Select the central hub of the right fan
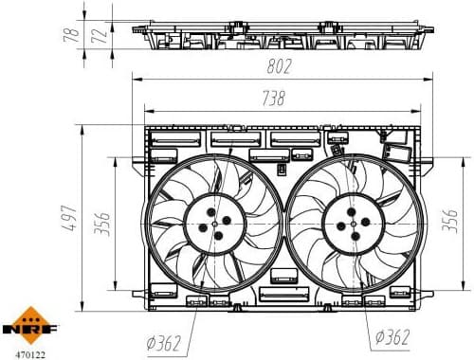click(351, 224)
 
